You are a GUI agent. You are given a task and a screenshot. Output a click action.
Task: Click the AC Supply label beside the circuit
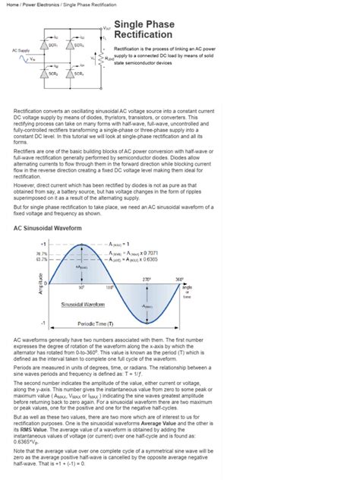coord(21,50)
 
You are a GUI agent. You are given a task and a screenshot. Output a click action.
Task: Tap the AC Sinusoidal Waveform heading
coord(47,227)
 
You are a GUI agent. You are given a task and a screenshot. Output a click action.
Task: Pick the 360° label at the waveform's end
coord(179,279)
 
